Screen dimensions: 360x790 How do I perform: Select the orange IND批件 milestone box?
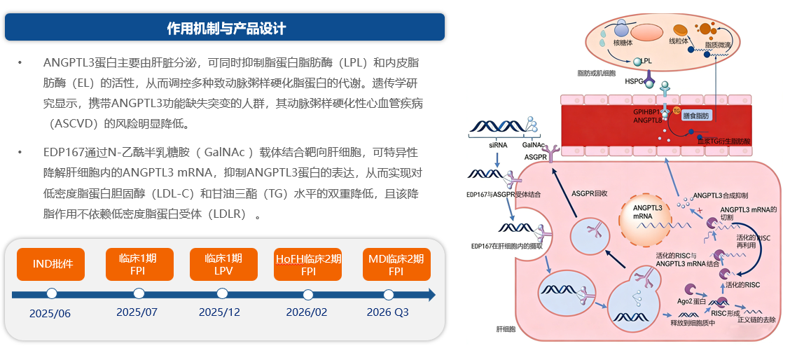tap(51, 265)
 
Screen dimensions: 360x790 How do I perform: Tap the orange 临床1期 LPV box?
tap(223, 265)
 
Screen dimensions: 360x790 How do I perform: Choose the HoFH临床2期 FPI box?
tap(309, 265)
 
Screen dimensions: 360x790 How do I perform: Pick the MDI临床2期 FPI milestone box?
tap(396, 265)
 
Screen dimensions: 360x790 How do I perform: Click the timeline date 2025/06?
tap(50, 313)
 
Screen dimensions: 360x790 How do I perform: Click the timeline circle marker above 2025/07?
tap(139, 293)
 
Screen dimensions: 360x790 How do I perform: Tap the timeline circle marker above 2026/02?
tap(308, 293)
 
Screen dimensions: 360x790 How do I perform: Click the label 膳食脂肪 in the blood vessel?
tap(695, 115)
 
